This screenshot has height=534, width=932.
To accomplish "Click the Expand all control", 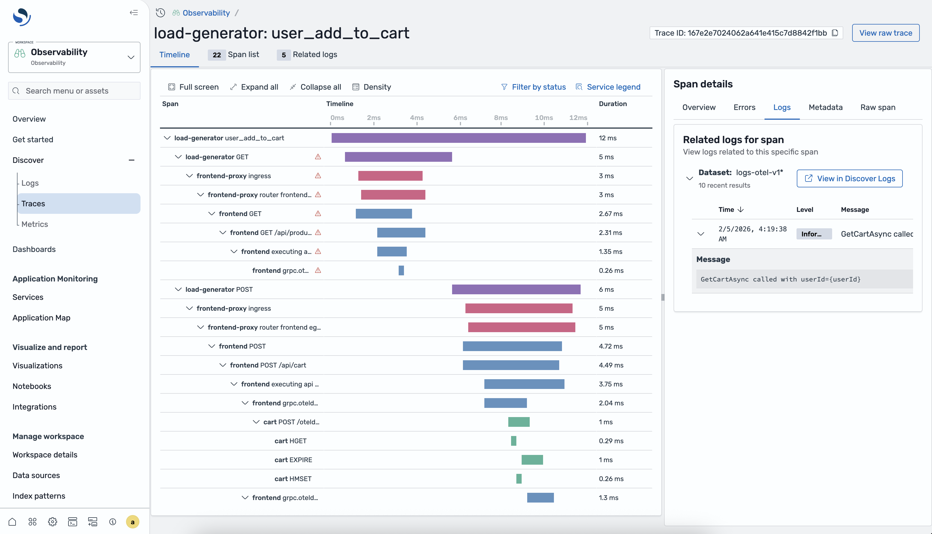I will pos(254,87).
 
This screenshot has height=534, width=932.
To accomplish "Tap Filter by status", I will pos(533,87).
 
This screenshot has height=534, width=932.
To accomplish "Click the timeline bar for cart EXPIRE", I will pos(532,460).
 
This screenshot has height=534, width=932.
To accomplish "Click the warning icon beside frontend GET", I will pos(318,214).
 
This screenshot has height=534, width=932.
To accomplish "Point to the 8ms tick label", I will pos(500,118).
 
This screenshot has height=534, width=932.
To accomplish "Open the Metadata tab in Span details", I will pos(825,107).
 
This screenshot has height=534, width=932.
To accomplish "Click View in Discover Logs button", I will pos(849,179).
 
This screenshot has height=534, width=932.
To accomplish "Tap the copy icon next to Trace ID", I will pos(835,33).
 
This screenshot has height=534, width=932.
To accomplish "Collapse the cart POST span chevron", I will pos(256,422).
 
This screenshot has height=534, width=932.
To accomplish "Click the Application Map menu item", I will pos(41,318).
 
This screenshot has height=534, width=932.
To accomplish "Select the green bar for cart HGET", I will pos(514,441).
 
